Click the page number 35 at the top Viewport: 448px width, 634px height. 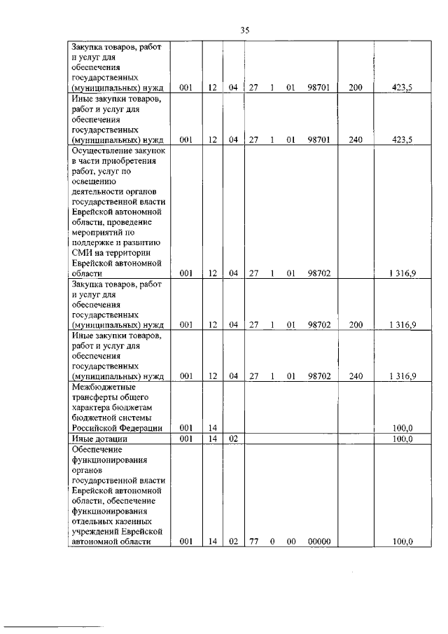click(244, 29)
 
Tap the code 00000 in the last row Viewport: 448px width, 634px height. click(318, 542)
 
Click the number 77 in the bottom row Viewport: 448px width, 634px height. click(254, 542)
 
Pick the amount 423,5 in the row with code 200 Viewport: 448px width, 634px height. click(401, 88)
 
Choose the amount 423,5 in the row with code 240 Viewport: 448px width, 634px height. click(401, 139)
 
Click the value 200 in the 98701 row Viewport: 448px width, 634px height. click(356, 88)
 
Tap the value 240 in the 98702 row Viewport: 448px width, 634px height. click(356, 376)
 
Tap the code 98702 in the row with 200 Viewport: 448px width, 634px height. click(318, 325)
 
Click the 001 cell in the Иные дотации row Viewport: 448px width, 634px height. click(185, 439)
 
